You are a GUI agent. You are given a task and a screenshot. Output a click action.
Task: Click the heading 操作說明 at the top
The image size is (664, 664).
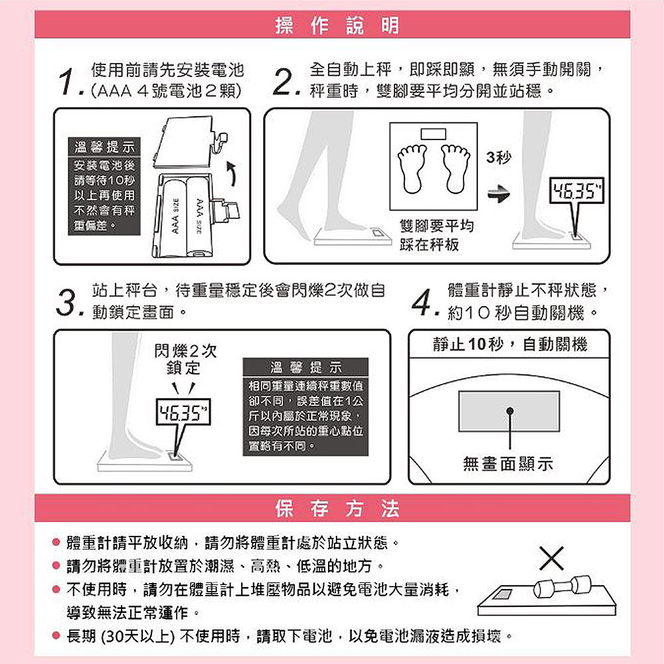coord(337,25)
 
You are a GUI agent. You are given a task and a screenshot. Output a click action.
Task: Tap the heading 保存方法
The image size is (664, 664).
coord(337,508)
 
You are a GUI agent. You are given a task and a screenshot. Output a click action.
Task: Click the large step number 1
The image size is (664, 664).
coord(68,81)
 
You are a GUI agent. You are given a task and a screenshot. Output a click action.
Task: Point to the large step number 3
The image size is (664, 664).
coord(68,303)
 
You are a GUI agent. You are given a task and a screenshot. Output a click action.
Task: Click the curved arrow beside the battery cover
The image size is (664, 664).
coord(231,173)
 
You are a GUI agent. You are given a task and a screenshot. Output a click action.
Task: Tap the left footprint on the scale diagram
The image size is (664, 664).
coord(412,169)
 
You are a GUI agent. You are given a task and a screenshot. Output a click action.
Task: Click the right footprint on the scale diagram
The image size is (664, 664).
coord(456,169)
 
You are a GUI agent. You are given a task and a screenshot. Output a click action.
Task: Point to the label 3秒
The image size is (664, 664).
coord(499,157)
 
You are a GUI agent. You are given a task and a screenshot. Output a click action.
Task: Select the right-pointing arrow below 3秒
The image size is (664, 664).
coord(499,194)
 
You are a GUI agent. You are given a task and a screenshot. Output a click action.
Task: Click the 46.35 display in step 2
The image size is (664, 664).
coord(576,191)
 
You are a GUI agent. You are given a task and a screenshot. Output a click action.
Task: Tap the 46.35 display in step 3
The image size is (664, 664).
coord(183,412)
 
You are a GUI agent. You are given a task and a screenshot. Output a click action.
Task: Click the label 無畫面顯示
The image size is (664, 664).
coord(508,463)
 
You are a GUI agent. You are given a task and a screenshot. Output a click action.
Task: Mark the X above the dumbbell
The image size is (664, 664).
coord(551,558)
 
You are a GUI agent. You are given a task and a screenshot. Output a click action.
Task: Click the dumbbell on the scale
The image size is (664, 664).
coord(562,586)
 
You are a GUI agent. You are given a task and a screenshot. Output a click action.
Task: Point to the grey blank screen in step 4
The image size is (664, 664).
coord(509,411)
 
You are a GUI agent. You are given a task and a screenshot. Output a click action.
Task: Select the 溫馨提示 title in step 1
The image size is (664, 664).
coord(104,147)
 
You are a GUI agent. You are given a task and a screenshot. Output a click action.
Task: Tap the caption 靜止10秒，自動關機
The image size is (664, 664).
coord(510,344)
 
